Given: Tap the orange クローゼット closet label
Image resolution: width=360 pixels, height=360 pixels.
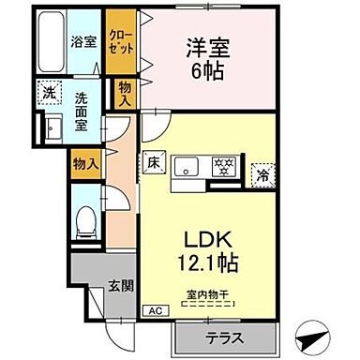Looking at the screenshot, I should coord(118,43).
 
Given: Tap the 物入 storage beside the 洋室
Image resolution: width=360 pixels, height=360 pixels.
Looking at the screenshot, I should coord(124,92).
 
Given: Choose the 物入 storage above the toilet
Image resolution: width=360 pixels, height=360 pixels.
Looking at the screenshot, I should coord(84,163).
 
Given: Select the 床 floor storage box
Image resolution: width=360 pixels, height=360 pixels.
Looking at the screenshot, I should coord(154,164).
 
